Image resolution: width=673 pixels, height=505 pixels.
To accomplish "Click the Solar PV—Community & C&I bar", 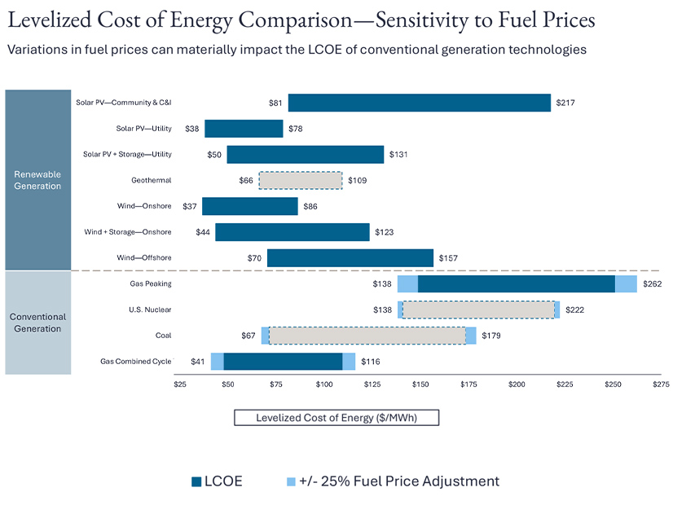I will [x=419, y=103].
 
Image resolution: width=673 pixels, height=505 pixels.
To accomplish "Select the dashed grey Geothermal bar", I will [x=301, y=180].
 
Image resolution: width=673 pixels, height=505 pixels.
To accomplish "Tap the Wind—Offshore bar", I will [x=350, y=258].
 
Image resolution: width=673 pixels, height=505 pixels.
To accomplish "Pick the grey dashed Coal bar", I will [x=367, y=336].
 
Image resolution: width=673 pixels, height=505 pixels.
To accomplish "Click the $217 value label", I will [x=565, y=103].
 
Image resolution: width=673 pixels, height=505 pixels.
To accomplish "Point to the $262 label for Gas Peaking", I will [x=652, y=284].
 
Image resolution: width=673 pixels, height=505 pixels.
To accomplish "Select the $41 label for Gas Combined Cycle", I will [x=197, y=362].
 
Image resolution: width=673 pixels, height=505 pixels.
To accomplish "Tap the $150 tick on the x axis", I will [x=420, y=384].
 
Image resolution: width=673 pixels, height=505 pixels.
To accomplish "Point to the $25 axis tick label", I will [x=181, y=384].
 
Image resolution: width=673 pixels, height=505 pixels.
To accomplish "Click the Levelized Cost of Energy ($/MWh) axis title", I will [x=336, y=418].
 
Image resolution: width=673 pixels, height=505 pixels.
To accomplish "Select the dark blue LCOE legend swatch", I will [x=196, y=481].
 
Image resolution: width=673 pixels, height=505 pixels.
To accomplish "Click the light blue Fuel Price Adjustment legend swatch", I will [x=292, y=481].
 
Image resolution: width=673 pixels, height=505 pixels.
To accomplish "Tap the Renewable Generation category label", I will [x=37, y=180].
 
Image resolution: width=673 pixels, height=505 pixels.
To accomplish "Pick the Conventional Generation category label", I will [x=37, y=323].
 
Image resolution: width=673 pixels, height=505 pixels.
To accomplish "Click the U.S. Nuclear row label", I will [x=150, y=310].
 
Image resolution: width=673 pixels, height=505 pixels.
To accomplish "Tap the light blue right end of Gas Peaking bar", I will [x=626, y=284].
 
